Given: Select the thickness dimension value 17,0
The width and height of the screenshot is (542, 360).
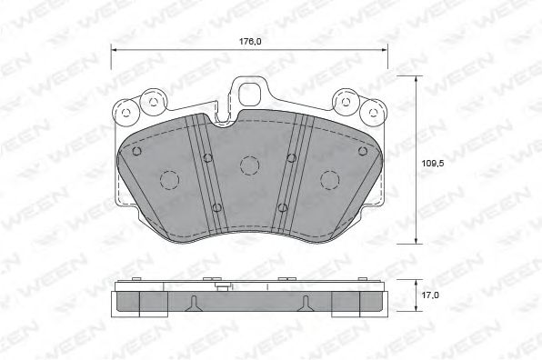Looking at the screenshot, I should tap(432, 295).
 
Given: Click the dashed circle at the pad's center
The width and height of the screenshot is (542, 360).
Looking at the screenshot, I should tap(248, 165).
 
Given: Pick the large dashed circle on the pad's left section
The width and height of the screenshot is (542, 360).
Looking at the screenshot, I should tap(168, 180).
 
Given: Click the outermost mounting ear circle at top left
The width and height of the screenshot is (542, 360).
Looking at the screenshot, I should tap(125, 113).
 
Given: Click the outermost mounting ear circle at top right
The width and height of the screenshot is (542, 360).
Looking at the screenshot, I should tap(372, 113).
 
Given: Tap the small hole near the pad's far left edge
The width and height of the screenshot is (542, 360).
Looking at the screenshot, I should tap(136, 151).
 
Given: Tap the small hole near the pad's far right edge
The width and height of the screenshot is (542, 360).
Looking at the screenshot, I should tap(360, 151).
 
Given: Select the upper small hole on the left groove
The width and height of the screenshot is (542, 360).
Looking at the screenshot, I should tap(207, 158).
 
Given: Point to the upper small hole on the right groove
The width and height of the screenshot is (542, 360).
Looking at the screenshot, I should tap(291, 158).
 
